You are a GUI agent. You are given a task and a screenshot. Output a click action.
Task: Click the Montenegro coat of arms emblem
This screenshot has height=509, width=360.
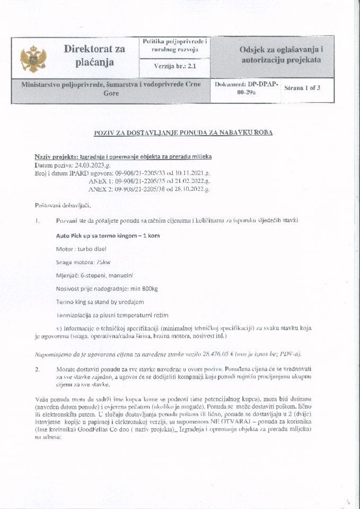(33, 59)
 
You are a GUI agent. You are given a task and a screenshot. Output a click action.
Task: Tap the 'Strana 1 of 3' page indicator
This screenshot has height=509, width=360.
(302, 88)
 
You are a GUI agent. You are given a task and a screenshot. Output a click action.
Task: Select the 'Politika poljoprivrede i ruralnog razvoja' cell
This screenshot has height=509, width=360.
(174, 45)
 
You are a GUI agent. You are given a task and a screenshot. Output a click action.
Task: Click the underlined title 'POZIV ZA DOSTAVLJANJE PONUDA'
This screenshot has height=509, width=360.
(180, 133)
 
